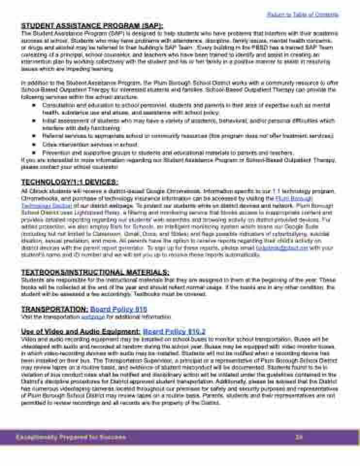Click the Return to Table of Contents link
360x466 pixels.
point(303,15)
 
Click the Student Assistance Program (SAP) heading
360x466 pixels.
point(92,26)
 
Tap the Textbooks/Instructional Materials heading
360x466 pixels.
point(95,272)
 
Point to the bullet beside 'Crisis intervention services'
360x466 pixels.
point(34,145)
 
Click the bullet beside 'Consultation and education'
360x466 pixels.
point(34,105)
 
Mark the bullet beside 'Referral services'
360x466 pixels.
point(34,137)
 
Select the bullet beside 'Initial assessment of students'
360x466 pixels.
point(34,121)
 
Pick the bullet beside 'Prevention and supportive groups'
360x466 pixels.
point(34,152)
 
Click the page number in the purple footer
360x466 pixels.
point(299,437)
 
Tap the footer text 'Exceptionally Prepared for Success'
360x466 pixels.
point(71,437)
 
